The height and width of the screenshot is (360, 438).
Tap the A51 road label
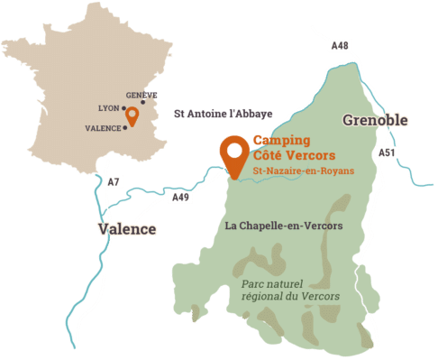point(387,152)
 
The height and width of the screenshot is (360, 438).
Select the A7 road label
point(113,182)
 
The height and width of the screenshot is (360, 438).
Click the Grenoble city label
point(375,120)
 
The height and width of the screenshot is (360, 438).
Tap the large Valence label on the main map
point(126,229)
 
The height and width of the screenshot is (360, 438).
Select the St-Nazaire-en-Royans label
point(303,171)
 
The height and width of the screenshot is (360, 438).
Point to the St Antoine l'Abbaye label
point(223,114)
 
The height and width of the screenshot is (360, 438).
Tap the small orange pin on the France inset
point(132,115)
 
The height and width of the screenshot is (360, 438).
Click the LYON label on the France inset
point(108,107)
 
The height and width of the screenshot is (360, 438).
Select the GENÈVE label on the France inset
point(141,95)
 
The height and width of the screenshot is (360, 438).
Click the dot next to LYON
point(123,107)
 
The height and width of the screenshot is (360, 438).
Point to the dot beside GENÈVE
point(142,102)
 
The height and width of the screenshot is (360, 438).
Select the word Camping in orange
point(281,141)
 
